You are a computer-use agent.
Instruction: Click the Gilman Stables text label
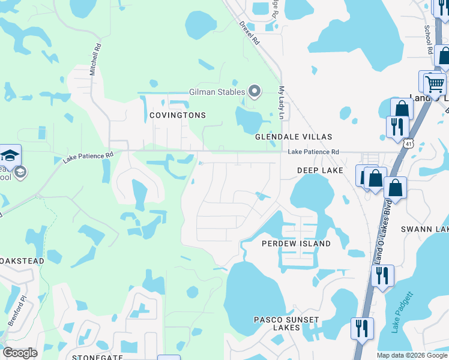(217, 92)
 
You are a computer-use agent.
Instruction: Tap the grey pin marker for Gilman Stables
(255, 92)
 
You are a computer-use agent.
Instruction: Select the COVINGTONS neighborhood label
(177, 115)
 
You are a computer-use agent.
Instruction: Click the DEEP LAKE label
(320, 171)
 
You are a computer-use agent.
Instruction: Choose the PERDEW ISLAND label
(296, 244)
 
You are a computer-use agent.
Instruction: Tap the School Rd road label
(429, 40)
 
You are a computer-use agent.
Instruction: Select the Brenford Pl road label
(16, 310)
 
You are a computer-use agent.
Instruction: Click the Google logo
(20, 353)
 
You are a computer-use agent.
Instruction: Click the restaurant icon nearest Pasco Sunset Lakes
(361, 328)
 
